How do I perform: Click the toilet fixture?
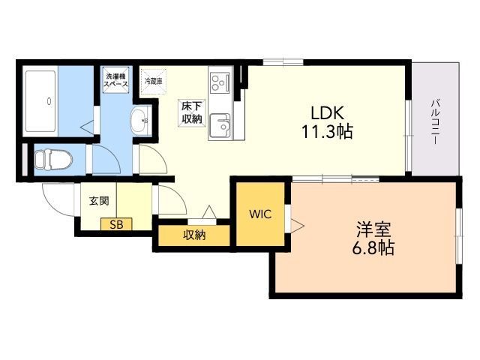(53, 160)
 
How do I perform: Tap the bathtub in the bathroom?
(41, 101)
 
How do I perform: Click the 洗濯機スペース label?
(115, 79)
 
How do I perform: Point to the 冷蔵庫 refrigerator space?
(153, 81)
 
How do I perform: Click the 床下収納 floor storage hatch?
(192, 113)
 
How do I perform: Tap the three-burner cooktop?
(220, 82)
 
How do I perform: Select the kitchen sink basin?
(220, 125)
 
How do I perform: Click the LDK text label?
(328, 112)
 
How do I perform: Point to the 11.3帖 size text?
(328, 132)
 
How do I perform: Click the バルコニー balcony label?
(435, 121)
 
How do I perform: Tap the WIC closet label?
(260, 214)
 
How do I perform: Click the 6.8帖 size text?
(373, 247)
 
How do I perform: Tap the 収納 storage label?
(194, 235)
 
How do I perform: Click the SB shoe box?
(117, 224)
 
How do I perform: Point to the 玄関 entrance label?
(99, 201)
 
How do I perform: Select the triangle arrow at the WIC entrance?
(297, 226)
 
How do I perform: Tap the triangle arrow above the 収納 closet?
(209, 211)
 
